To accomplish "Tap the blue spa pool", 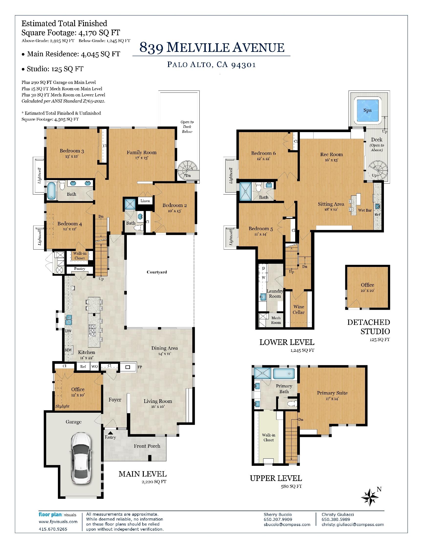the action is click(x=367, y=111).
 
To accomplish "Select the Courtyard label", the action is click(x=157, y=272).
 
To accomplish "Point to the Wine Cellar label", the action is click(x=298, y=309).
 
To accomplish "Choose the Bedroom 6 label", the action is click(x=263, y=153).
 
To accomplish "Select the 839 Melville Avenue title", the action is click(x=212, y=47).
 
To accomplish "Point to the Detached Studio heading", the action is click(x=368, y=327).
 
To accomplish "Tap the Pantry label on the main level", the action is click(x=79, y=268).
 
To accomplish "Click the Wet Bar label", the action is click(x=365, y=210).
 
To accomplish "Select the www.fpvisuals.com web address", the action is click(x=58, y=522).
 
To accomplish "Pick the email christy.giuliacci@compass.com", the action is click(x=353, y=525).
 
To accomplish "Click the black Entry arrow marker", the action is click(x=110, y=433).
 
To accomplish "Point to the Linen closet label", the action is click(x=145, y=201).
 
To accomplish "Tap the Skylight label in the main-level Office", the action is click(x=62, y=406).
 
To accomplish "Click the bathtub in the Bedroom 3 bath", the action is click(x=51, y=191).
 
